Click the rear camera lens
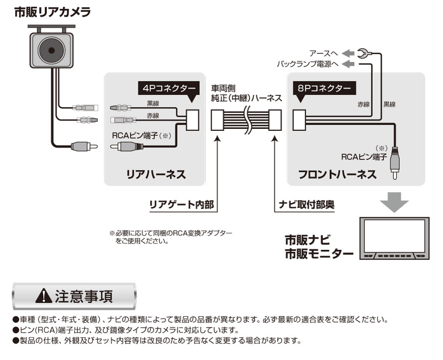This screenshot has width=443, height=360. [51, 49]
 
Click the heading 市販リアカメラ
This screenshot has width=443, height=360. [52, 12]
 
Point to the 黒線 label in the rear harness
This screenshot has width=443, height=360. [154, 103]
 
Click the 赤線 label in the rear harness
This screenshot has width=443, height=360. [154, 116]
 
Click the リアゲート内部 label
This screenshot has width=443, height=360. [182, 205]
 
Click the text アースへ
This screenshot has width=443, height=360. [323, 53]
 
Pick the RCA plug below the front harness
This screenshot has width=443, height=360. [394, 165]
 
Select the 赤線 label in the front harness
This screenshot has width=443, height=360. [363, 104]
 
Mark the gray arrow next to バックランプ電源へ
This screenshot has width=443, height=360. [348, 64]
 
